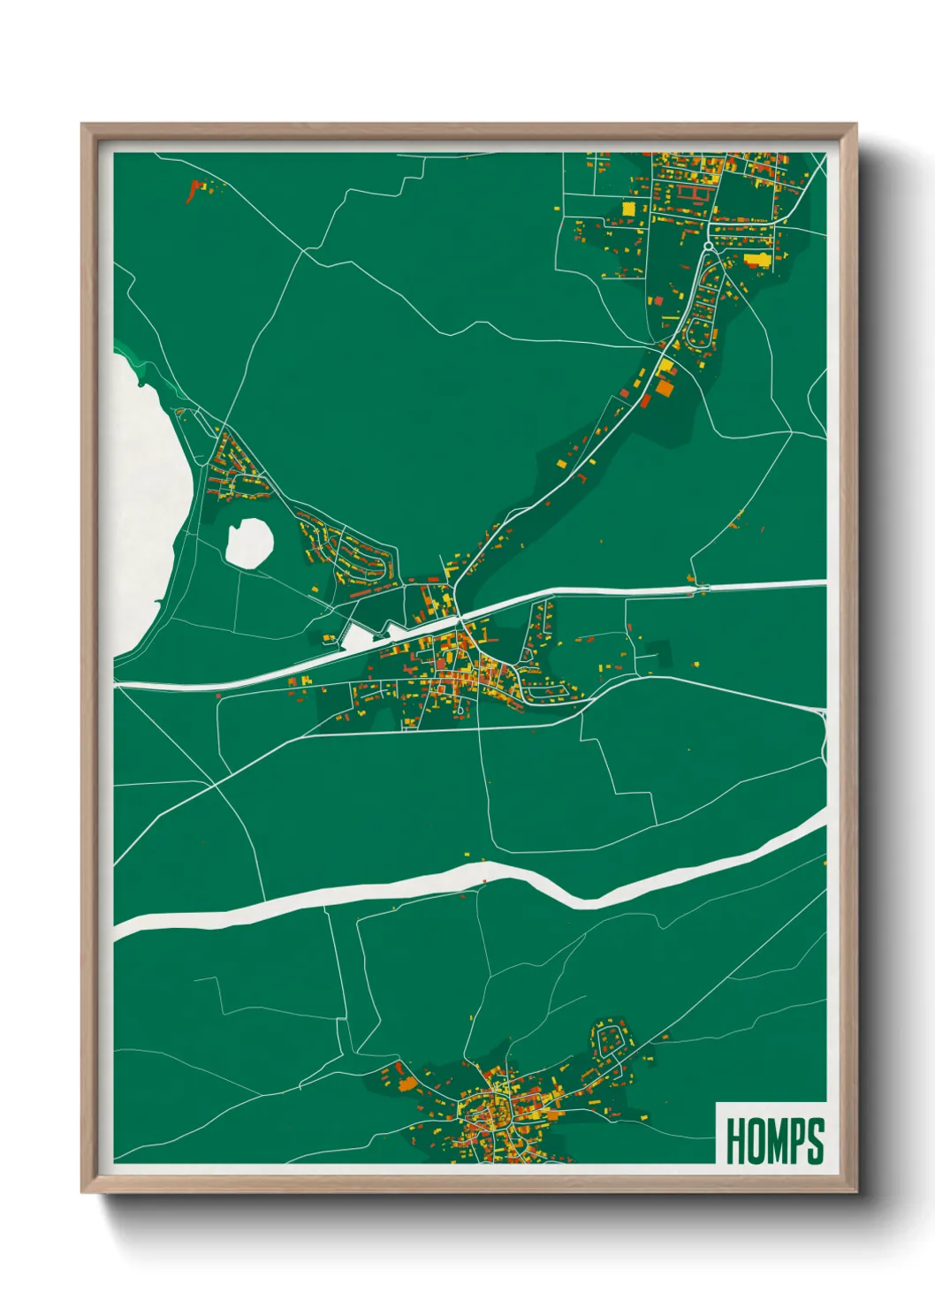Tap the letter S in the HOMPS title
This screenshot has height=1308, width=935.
pyautogui.click(x=813, y=1141)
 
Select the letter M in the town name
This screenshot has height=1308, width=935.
pyautogui.click(x=775, y=1141)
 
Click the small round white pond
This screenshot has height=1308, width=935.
pyautogui.click(x=248, y=542)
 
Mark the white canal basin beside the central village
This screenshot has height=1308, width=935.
pyautogui.click(x=358, y=636)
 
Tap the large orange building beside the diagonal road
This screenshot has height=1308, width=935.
pyautogui.click(x=664, y=386)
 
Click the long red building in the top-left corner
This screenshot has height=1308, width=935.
pyautogui.click(x=192, y=191)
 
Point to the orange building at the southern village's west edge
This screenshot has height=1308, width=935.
pyautogui.click(x=407, y=1083)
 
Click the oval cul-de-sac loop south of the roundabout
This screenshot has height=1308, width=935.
pyautogui.click(x=698, y=334)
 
